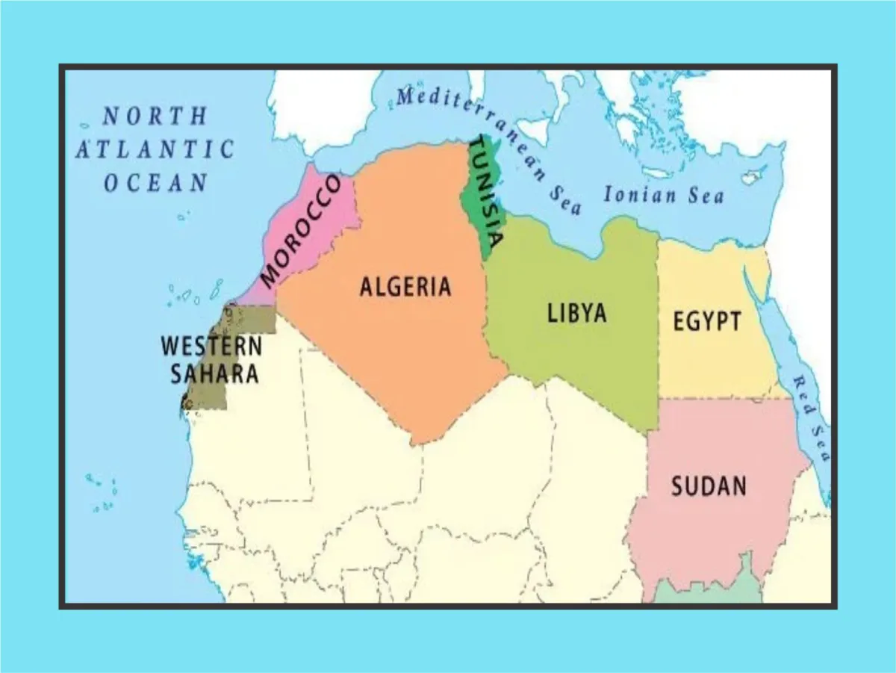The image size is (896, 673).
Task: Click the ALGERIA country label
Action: (405, 286)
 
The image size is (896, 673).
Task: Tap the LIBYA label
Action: (576, 312)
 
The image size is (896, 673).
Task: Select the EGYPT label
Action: (706, 322)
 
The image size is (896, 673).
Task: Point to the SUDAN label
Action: (708, 486)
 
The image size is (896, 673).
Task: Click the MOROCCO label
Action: (301, 231)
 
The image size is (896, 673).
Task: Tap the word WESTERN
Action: (211, 347)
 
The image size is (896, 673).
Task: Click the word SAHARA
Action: (214, 373)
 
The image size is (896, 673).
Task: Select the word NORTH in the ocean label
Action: (154, 117)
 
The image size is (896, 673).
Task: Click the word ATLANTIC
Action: (155, 149)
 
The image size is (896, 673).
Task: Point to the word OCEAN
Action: (155, 182)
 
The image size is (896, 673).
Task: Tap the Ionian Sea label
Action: (663, 196)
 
